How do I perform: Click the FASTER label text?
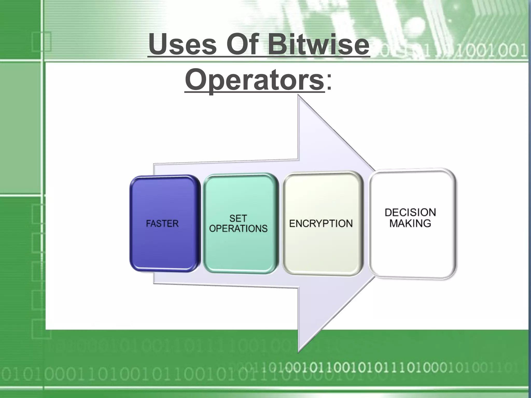point(162,223)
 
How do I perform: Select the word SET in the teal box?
point(238,218)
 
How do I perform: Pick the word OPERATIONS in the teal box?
point(238,229)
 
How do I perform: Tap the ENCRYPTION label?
point(321,223)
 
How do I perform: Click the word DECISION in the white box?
point(410,212)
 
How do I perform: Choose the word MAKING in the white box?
point(410,223)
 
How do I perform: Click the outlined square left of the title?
point(41,41)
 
